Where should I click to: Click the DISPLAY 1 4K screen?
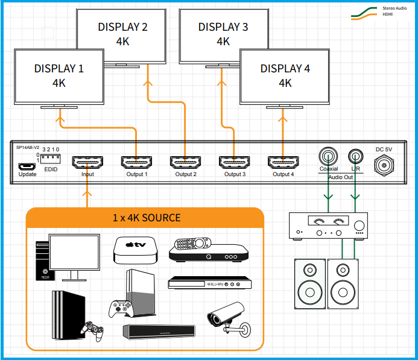[59, 76]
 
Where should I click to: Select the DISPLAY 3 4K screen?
[223, 34]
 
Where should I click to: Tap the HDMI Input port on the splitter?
[87, 163]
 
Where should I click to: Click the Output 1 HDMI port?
[136, 163]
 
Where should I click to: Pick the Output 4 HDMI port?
[282, 163]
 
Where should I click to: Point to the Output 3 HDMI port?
[234, 163]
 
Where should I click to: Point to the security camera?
[226, 316]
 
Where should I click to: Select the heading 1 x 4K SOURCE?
[146, 217]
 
